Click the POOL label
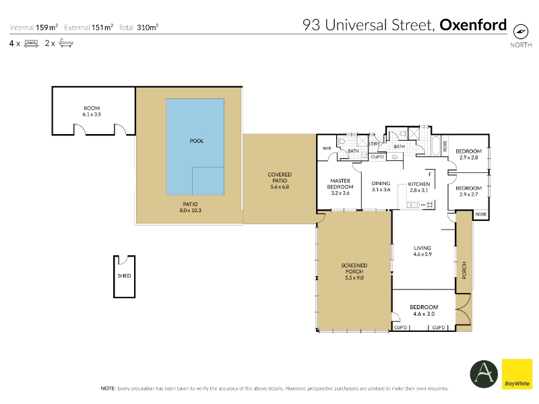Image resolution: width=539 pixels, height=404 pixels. [x=197, y=141]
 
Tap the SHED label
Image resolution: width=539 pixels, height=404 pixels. [x=124, y=275]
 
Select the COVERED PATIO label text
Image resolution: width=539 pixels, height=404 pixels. [x=280, y=177]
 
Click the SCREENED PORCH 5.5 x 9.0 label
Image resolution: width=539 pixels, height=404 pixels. [x=354, y=271]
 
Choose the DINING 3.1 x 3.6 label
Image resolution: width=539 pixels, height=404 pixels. [x=381, y=187]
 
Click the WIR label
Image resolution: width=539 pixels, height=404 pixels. [x=327, y=148]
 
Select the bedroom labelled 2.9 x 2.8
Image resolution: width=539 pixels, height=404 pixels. [x=468, y=154]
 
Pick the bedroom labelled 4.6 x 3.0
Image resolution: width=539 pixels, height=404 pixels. [x=424, y=310]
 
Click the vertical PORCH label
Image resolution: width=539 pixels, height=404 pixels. [x=464, y=270]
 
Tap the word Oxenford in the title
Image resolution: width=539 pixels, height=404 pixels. [x=473, y=25]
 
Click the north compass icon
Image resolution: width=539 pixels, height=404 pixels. [x=520, y=32]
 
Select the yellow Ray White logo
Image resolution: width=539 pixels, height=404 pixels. [x=517, y=374]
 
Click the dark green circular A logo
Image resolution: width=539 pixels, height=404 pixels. [x=484, y=374]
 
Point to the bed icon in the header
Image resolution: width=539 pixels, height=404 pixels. [x=31, y=44]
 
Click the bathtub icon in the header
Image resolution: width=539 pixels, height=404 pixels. [x=65, y=43]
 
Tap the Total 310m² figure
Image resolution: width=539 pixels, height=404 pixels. [x=139, y=28]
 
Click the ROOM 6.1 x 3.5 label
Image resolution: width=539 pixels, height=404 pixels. [x=92, y=111]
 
